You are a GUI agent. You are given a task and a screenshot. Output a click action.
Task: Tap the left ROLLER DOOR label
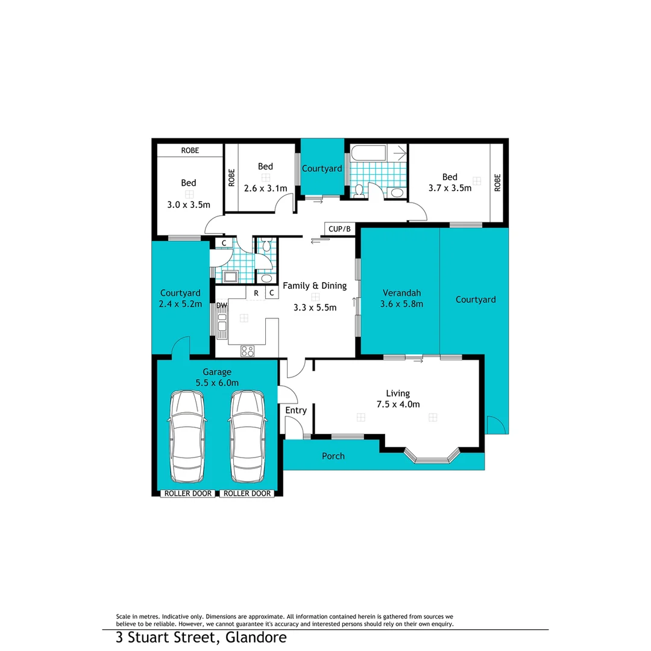coord(188,493)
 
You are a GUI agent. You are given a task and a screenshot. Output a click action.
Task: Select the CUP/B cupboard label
coord(339,229)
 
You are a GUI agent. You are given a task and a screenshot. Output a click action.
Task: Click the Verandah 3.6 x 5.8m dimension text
coord(401,304)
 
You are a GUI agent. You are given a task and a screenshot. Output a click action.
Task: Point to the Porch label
coord(333,456)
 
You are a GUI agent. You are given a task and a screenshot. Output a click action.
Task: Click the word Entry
coord(296,410)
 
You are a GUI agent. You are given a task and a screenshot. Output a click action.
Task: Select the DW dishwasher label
coord(222,306)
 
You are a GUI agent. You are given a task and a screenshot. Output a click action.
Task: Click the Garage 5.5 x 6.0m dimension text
coord(217,382)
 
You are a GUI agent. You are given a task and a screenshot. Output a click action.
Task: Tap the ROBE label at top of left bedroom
coord(189,151)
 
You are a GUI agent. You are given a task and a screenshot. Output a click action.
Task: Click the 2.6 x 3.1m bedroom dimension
coord(265,188)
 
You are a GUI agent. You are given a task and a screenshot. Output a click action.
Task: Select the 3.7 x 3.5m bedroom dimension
coord(450,188)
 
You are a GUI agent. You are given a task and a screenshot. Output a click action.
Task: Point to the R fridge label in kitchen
coord(256,294)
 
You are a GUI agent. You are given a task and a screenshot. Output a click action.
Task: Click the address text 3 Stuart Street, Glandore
coord(201,638)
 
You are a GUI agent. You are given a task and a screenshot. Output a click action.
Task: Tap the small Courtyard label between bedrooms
coord(322,168)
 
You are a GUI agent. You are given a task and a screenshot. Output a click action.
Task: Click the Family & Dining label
coord(315,286)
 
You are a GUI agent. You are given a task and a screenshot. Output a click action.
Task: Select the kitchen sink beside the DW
coord(222,325)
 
